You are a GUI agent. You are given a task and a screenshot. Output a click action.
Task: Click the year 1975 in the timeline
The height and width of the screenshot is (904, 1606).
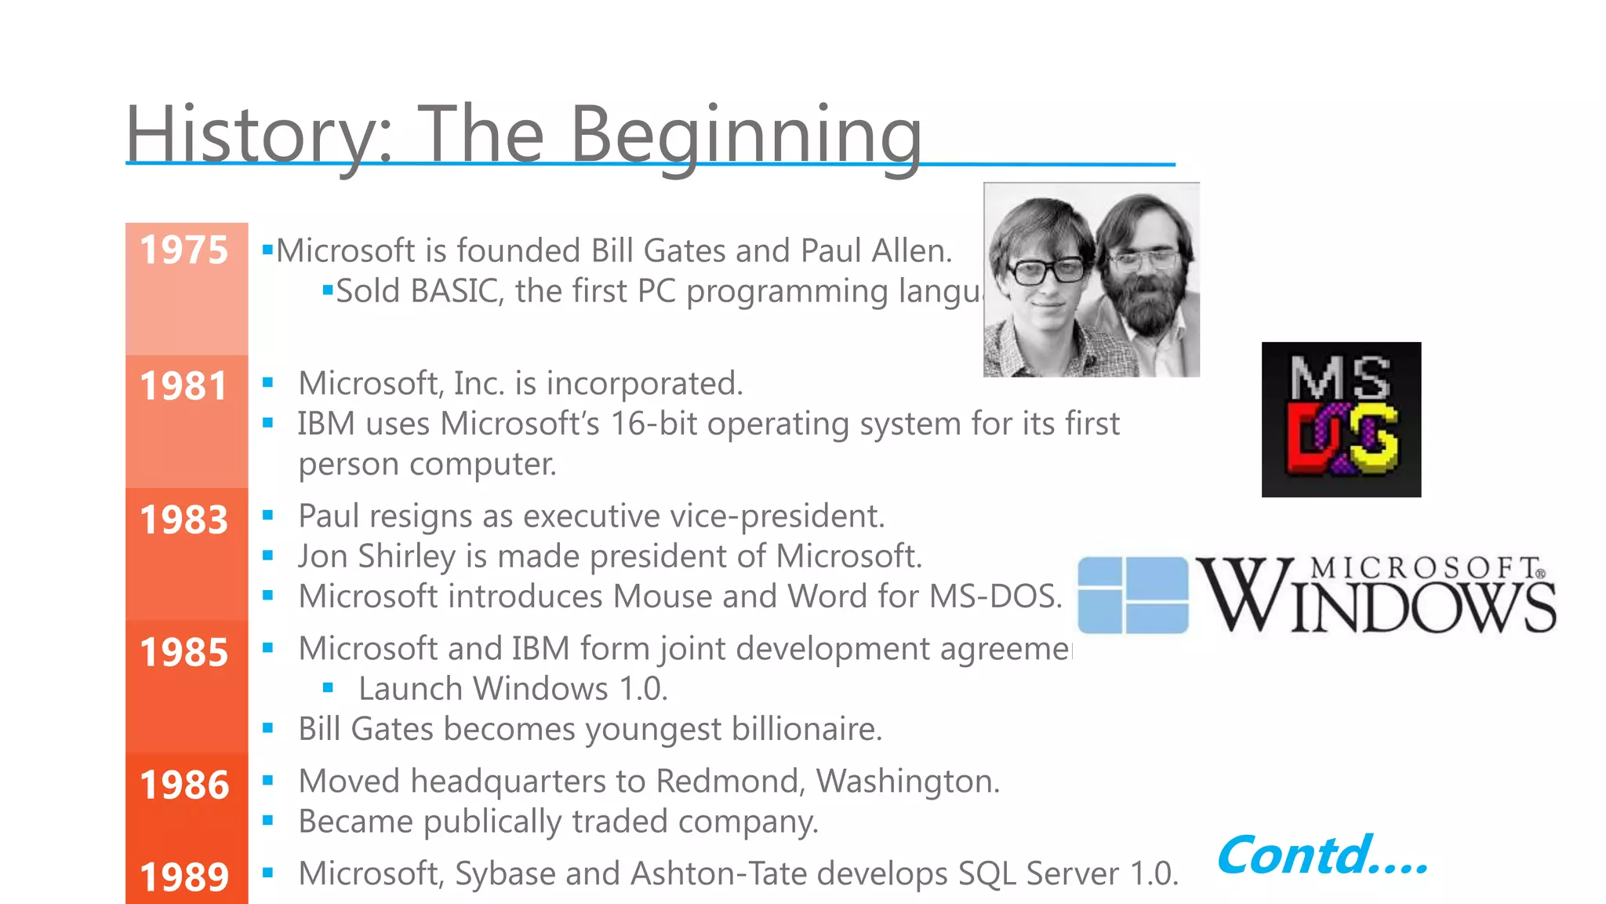click(183, 250)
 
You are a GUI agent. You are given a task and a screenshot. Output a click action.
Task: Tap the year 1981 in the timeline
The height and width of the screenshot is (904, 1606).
click(183, 386)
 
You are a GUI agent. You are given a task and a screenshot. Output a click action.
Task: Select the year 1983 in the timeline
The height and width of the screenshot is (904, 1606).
click(183, 519)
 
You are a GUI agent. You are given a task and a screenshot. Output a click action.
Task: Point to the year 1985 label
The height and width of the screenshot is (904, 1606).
click(183, 652)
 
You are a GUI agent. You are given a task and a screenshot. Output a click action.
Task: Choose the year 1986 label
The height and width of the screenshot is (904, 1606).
click(183, 785)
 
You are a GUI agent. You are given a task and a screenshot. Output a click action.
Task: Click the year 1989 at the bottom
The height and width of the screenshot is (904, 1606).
click(183, 877)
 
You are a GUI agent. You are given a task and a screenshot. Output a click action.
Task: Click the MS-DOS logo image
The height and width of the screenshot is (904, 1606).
click(1341, 419)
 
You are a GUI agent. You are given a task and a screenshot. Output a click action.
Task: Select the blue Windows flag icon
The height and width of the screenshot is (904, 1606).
click(1133, 595)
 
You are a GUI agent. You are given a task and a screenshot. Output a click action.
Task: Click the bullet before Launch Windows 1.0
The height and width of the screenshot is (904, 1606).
click(328, 688)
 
